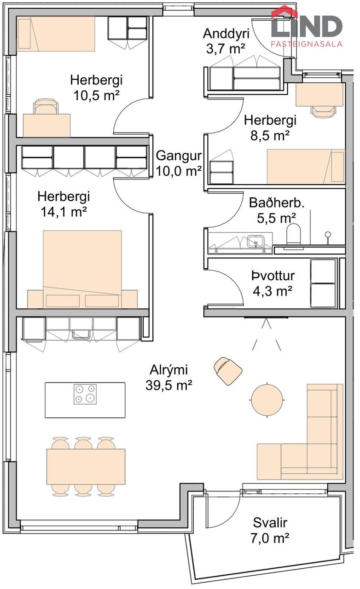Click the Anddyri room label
pyautogui.click(x=226, y=34)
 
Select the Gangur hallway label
pyautogui.click(x=179, y=156)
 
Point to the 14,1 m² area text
pyautogui.click(x=64, y=212)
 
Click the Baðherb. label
pyautogui.click(x=277, y=203)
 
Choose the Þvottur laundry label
pyautogui.click(x=273, y=276)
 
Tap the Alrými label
pyautogui.click(x=168, y=370)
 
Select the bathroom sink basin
pyautogui.click(x=255, y=241)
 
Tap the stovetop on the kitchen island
pyautogui.click(x=85, y=394)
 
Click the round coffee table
pyautogui.click(x=267, y=400)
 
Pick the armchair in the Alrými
pyautogui.click(x=228, y=371)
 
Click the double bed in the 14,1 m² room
pyautogui.click(x=82, y=269)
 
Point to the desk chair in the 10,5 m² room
pyautogui.click(x=46, y=106)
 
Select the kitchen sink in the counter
pyautogui.click(x=81, y=334)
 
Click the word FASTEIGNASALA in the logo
pyautogui.click(x=307, y=44)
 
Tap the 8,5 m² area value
pyautogui.click(x=270, y=136)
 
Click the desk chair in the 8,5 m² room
pyautogui.click(x=324, y=111)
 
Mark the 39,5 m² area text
pyautogui.click(x=168, y=385)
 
